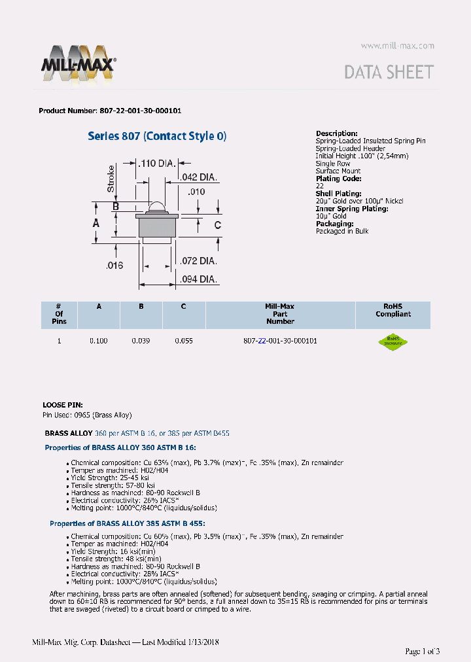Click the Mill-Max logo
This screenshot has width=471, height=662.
tap(78, 63)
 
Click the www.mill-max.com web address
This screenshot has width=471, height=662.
tap(397, 46)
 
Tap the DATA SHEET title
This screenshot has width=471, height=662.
tap(389, 72)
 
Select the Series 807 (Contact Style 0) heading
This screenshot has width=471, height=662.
tap(157, 136)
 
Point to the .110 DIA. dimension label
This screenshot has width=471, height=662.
tap(156, 164)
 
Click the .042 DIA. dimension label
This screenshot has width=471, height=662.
tap(198, 177)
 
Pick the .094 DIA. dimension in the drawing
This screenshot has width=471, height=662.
tap(199, 279)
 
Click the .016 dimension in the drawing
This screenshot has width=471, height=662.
tap(115, 265)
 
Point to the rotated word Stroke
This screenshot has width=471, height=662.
tap(111, 179)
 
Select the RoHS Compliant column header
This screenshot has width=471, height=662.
tap(392, 310)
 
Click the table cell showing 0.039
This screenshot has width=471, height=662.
tap(141, 341)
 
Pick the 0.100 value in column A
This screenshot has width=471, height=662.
tap(99, 341)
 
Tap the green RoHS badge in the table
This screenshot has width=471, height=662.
tap(392, 341)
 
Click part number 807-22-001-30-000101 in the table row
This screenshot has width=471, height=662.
tap(280, 341)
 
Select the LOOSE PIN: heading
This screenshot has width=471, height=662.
tap(63, 406)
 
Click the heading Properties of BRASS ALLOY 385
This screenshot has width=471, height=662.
tap(128, 523)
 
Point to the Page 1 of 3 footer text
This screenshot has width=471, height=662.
tap(423, 651)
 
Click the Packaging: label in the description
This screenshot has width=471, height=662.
tap(334, 224)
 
